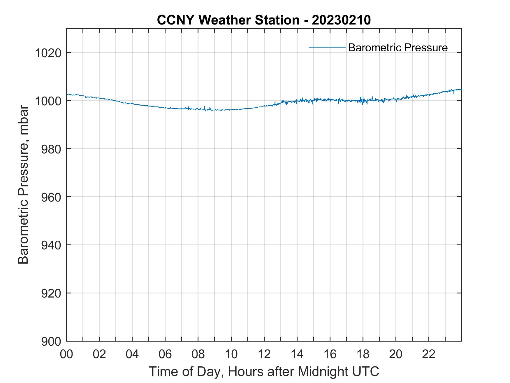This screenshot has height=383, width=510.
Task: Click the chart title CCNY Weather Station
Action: click(228, 20)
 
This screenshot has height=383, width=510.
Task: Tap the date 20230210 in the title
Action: click(341, 20)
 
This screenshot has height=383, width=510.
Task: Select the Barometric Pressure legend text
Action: click(398, 48)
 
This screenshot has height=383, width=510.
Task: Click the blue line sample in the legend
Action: click(327, 47)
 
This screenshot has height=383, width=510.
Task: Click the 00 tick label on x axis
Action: click(66, 354)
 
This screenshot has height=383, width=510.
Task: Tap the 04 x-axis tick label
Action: click(132, 354)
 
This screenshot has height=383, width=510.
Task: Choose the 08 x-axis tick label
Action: click(198, 354)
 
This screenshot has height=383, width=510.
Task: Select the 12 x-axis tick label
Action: click(264, 354)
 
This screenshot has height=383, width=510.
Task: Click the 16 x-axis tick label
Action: click(330, 354)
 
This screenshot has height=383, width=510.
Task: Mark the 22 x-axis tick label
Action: click(429, 354)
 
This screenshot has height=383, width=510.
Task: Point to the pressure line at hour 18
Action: click(363, 101)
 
